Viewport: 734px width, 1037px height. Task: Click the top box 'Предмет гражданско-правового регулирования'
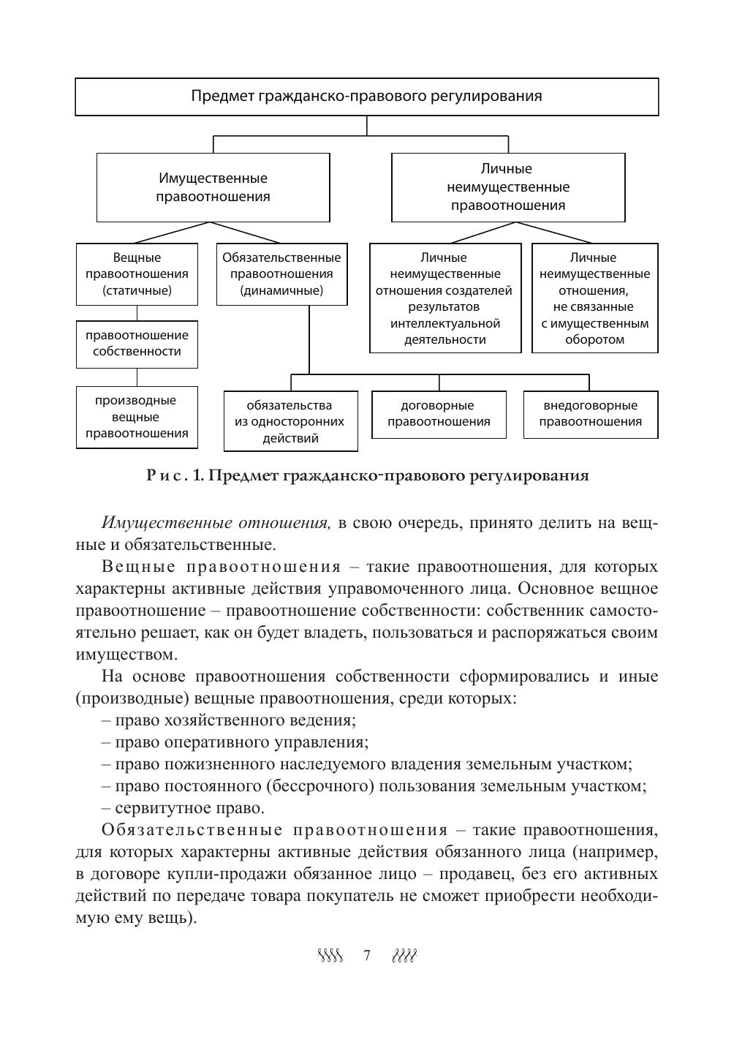click(366, 97)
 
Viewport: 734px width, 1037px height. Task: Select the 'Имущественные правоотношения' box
click(213, 187)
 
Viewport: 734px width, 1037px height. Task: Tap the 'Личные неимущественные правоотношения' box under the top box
click(508, 187)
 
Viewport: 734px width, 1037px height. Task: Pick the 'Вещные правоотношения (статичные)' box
click(137, 274)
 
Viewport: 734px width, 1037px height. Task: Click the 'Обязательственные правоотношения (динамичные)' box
click(281, 274)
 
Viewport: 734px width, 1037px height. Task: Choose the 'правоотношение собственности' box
click(137, 344)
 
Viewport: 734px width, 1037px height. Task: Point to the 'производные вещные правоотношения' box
click(137, 417)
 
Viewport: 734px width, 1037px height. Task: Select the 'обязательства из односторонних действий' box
click(290, 422)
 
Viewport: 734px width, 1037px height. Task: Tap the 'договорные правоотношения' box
click(439, 414)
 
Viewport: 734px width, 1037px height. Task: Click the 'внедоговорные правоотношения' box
click(591, 414)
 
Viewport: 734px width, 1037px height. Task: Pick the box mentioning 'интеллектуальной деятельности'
click(445, 298)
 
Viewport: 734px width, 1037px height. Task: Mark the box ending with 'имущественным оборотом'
click(594, 298)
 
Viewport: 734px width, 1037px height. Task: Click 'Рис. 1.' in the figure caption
click(173, 476)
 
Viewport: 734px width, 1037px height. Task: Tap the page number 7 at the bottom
click(367, 956)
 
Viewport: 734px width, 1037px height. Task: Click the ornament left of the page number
click(330, 956)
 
